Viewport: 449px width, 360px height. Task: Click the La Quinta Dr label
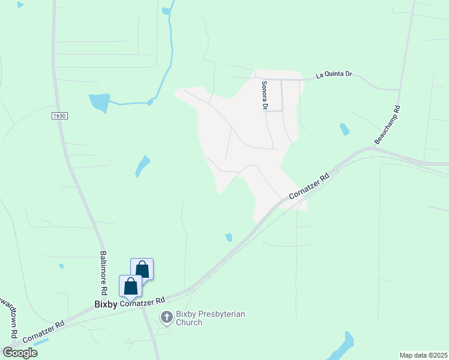coord(334,76)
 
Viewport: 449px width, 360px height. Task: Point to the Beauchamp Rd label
coord(388,125)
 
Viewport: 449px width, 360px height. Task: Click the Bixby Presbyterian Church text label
coord(202,318)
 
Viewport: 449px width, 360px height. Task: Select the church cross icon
coord(166,316)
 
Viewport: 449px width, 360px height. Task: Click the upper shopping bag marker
coord(142,268)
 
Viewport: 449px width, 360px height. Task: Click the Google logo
coord(19,353)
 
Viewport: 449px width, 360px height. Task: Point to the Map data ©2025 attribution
coord(423,355)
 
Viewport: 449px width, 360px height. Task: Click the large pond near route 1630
coord(100,102)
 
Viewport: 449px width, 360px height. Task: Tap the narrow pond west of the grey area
coord(142,166)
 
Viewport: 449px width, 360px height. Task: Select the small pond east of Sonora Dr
coord(344,129)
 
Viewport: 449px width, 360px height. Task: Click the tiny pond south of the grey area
coord(229,238)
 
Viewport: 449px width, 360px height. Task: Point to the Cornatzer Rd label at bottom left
coord(44,330)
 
